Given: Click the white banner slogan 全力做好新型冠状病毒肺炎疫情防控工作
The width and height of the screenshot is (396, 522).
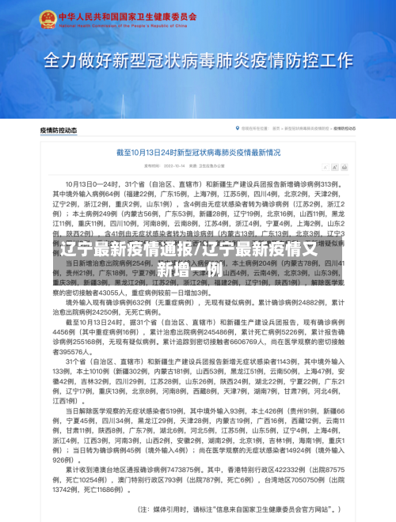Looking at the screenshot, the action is pyautogui.click(x=197, y=61).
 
